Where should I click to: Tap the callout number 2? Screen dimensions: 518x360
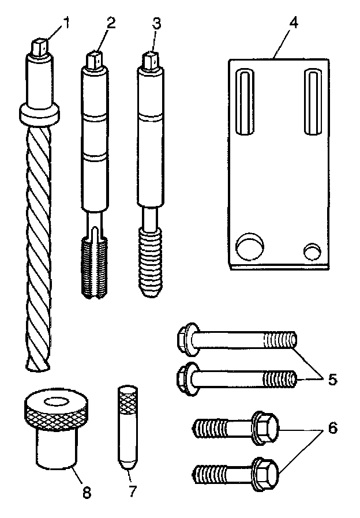(111, 24)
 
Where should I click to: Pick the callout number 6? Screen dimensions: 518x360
(333, 429)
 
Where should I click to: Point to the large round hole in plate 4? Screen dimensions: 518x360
(250, 246)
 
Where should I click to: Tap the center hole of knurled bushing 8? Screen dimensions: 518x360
(56, 400)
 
